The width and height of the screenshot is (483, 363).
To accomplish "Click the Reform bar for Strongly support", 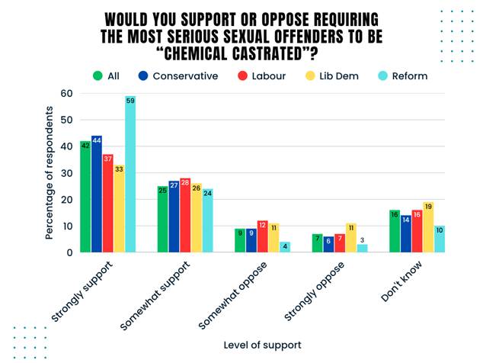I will coord(130,175).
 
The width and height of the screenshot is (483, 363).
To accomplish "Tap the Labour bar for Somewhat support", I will coord(185,217).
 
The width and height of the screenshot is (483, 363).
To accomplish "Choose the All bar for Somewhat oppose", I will coord(240,241).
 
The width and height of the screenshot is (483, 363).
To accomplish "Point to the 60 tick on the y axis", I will coord(66,94).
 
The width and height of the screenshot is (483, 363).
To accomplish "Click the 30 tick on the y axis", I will coord(66,173).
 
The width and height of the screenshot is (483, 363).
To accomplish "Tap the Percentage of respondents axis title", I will coord(50,173).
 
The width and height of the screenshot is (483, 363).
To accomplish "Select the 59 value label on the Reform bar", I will coord(130,100).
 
